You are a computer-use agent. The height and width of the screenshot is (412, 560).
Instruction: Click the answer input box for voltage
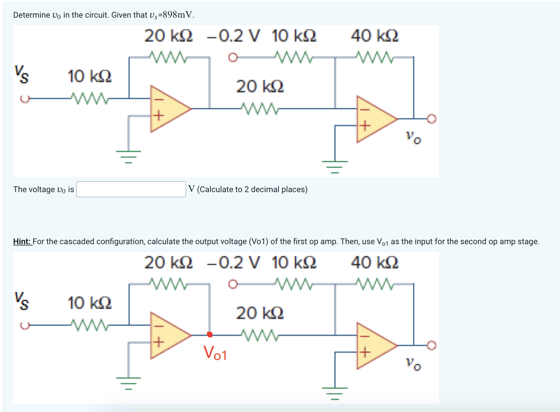coord(131,189)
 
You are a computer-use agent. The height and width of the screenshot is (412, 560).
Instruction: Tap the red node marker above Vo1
coord(210,334)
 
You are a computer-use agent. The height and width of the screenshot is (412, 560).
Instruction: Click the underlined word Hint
coord(22,242)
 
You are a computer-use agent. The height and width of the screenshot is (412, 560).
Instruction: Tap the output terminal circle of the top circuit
coord(431,119)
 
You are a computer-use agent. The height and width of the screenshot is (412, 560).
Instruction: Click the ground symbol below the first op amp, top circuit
coord(128,156)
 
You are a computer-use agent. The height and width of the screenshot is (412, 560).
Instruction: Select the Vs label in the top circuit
coord(21,74)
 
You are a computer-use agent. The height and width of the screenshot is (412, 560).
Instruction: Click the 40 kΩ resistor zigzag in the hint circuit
coord(374,284)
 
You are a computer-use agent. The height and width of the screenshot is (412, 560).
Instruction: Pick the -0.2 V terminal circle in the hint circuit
coord(233,284)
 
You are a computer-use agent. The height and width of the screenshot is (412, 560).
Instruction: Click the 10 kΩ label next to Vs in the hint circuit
coord(90,303)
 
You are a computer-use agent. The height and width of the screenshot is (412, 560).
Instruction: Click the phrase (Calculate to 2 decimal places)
coord(252,190)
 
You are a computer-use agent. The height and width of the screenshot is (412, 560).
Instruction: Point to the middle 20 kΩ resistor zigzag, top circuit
coord(259,109)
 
